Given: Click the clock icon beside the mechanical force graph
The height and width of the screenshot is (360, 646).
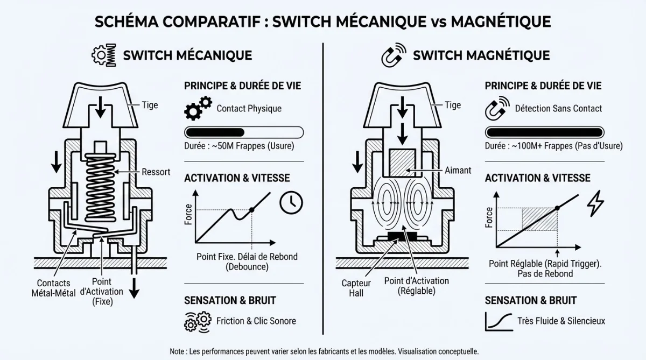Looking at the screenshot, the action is (x=291, y=202).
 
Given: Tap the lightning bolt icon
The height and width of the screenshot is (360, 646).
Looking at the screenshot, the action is (x=595, y=203).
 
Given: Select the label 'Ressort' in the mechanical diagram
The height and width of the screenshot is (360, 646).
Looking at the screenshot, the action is (x=156, y=172).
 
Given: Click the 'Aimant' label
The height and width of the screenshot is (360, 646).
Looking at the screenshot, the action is (x=458, y=170).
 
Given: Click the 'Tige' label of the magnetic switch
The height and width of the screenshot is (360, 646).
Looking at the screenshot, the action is (x=453, y=105).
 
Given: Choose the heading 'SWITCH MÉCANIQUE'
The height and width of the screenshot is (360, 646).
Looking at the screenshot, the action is (x=187, y=55).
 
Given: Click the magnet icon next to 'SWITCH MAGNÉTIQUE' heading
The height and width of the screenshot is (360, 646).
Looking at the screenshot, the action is (x=392, y=56).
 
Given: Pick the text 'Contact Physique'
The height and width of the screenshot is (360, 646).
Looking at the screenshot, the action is (x=249, y=109).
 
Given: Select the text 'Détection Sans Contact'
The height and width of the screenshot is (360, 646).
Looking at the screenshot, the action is (x=558, y=109).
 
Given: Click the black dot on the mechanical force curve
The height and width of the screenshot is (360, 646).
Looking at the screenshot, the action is (x=251, y=210).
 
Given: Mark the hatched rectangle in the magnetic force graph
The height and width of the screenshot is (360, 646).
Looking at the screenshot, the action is (x=539, y=219).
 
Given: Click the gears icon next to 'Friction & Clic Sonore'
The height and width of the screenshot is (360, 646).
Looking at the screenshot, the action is (x=196, y=321).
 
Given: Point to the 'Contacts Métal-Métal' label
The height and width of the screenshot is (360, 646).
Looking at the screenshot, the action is (x=53, y=287).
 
